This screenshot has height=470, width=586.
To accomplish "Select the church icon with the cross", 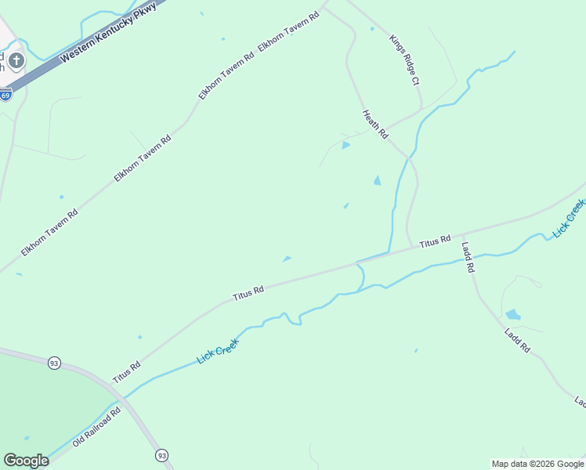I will (16, 60).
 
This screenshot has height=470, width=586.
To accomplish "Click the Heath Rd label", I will (375, 125).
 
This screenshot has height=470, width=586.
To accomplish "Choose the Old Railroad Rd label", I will (96, 427).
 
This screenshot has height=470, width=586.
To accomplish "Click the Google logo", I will (26, 461).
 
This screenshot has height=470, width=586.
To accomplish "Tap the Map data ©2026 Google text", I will (538, 464).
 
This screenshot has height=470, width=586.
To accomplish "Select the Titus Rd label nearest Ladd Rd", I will (435, 242).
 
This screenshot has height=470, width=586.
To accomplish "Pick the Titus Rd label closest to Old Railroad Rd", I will (125, 371).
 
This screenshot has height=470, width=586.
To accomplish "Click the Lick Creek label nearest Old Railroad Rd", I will (217, 350).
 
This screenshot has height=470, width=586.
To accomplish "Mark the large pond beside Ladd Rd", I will (513, 315).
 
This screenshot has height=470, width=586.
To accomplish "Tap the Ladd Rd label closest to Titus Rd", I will (468, 257).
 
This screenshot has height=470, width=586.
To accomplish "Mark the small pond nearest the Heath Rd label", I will (345, 145).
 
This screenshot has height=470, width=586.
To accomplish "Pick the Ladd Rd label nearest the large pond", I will (518, 338).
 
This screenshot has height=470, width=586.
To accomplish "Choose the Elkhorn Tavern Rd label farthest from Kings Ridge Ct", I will (49, 233).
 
